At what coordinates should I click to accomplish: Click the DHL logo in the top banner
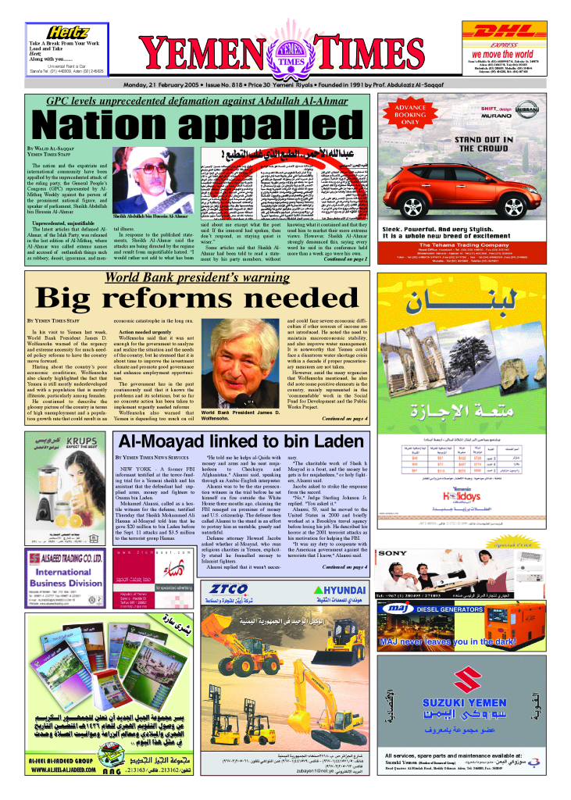coord(499,30)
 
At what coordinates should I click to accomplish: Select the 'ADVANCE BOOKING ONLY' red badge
coord(409,114)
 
